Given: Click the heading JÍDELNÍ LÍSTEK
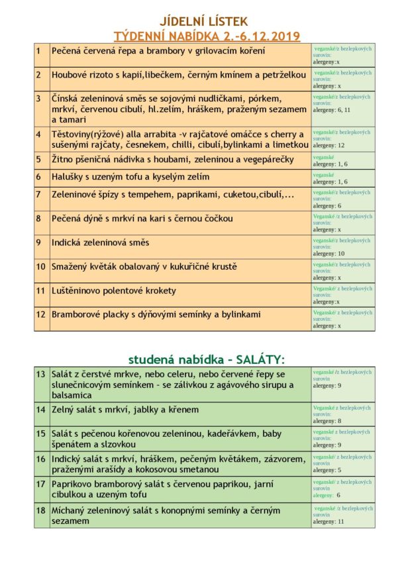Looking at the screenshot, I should [207, 22].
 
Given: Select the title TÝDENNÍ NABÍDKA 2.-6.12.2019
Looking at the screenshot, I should [207, 36].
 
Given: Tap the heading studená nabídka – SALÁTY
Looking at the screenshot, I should [207, 359].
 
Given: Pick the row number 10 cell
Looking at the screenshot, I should [41, 266].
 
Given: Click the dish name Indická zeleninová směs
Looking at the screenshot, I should [101, 243].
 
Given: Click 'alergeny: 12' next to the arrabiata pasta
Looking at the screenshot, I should [329, 145].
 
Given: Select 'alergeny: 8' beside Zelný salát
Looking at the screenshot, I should [327, 421].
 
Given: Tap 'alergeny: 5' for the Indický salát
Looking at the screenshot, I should [327, 470].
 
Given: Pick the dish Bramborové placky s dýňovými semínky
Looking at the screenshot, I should [156, 314].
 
